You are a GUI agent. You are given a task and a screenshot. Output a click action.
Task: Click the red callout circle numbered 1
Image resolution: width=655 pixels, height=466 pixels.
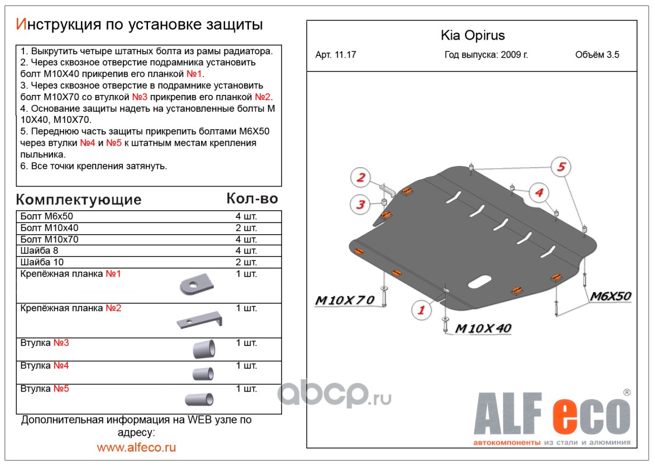[420, 310]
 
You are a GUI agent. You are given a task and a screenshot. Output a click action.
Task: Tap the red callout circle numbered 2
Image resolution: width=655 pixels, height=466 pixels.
[361, 178]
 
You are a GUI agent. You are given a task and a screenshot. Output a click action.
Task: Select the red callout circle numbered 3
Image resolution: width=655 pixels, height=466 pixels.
[361, 204]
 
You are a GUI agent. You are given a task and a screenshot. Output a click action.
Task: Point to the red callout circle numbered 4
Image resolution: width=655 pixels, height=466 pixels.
[538, 192]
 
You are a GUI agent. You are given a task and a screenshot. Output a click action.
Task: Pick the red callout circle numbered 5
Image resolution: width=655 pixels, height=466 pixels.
[561, 168]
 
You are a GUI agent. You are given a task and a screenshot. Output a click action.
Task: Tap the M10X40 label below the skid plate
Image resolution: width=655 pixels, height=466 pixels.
[483, 329]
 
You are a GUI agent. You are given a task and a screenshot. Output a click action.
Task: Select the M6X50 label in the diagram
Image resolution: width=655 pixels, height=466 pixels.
[611, 296]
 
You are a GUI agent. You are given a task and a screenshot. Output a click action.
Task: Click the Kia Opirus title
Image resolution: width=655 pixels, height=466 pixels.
[472, 36]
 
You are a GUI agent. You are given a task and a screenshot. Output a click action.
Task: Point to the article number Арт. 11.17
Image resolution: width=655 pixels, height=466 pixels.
[336, 55]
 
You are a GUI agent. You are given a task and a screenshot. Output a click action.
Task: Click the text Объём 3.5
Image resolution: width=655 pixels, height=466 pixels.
[597, 55]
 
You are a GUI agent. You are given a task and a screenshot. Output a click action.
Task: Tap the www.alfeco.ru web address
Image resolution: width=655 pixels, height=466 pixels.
[136, 447]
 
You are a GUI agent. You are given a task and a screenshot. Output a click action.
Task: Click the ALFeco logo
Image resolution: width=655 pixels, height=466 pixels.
[550, 417]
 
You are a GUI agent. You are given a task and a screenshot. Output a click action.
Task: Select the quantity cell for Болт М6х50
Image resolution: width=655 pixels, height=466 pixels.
[246, 217]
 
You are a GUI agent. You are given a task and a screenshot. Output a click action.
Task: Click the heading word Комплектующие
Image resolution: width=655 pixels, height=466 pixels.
[79, 200]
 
